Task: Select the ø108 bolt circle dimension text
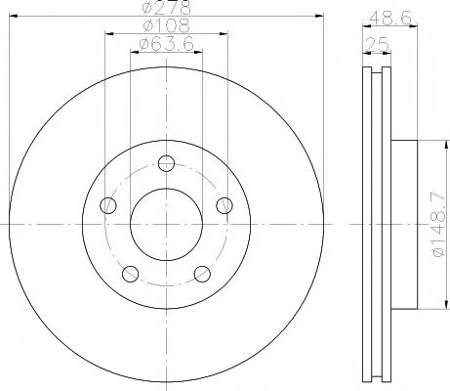165,26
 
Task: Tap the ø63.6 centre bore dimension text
165,44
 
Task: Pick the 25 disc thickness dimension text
372,44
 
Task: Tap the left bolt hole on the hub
108,205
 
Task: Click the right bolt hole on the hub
225,205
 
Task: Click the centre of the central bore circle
167,224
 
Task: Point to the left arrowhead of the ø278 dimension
14,17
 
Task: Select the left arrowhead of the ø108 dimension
106,34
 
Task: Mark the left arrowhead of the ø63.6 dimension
134,52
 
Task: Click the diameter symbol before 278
144,9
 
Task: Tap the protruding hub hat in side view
404,224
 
